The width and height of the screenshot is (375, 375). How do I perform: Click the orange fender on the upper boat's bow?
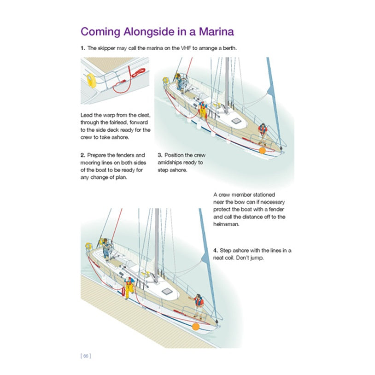(x=262, y=150)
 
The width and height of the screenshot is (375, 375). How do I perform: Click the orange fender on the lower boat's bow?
(x=195, y=327)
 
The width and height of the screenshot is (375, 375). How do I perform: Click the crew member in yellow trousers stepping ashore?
(x=129, y=288)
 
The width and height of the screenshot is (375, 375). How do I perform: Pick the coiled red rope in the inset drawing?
(x=137, y=72)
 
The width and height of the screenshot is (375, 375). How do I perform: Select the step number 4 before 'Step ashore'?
(x=215, y=250)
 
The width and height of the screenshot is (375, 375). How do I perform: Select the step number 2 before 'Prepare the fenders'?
(x=82, y=155)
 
